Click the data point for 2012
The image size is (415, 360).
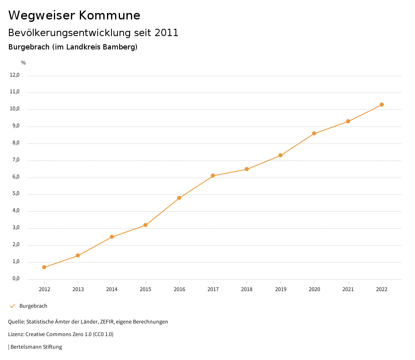click(x=44, y=267)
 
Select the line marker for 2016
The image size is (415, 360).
click(x=179, y=198)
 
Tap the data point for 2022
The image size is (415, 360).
click(x=382, y=105)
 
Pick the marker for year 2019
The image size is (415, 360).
click(x=280, y=155)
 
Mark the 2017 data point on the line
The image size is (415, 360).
click(x=213, y=176)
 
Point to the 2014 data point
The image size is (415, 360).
click(x=112, y=237)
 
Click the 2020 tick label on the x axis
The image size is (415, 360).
click(x=314, y=289)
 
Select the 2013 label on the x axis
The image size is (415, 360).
click(x=78, y=289)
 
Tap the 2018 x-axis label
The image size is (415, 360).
click(x=247, y=289)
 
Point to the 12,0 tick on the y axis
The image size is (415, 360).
click(x=15, y=75)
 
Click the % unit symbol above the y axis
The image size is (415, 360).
click(x=24, y=63)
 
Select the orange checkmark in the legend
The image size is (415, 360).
click(x=12, y=306)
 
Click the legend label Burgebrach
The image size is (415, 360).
click(x=33, y=306)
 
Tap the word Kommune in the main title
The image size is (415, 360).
click(x=109, y=15)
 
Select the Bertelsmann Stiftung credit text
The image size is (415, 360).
click(x=36, y=347)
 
